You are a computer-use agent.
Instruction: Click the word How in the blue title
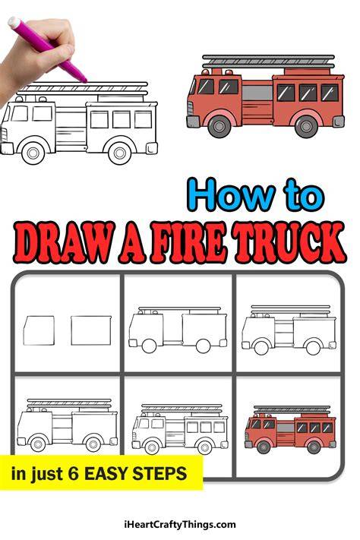[231, 195]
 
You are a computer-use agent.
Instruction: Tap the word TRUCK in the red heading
[289, 243]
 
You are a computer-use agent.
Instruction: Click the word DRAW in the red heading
[65, 244]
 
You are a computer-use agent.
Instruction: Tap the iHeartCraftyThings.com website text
[180, 525]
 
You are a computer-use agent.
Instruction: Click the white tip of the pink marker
[14, 22]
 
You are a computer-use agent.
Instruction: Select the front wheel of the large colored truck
[219, 126]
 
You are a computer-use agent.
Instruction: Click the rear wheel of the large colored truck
[306, 126]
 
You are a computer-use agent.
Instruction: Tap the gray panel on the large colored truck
[257, 93]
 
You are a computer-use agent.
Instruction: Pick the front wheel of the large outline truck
[33, 153]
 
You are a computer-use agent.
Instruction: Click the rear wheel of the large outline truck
[120, 153]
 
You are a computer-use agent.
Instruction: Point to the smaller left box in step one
[39, 330]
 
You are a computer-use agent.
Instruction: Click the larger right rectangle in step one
[91, 330]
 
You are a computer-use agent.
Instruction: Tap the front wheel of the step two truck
[149, 346]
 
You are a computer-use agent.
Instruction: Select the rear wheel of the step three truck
[313, 348]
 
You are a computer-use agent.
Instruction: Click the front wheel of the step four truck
[37, 444]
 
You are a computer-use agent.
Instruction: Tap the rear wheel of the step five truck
[204, 447]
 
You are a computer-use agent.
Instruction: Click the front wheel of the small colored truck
[264, 447]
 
